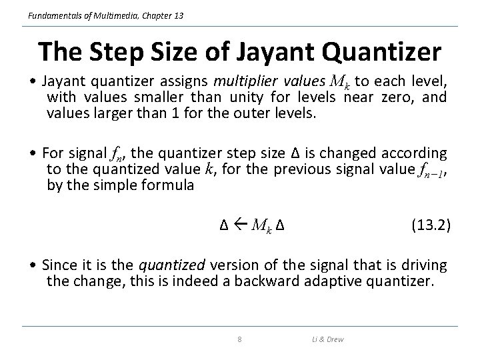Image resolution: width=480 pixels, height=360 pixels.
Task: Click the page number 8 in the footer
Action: pyautogui.click(x=239, y=340)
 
